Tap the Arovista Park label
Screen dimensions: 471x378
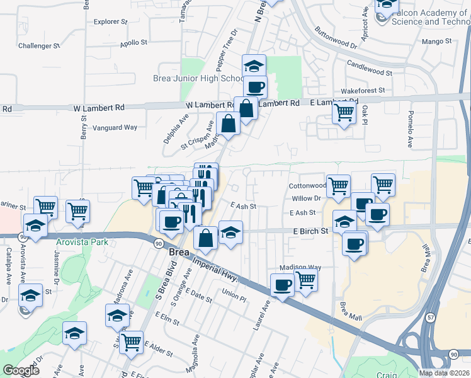click(x=82, y=242)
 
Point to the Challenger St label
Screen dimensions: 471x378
click(x=38, y=46)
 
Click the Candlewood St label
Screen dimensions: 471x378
click(x=370, y=69)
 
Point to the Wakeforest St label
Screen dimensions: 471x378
click(x=362, y=91)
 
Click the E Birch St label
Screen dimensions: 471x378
click(x=310, y=231)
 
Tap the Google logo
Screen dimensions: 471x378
click(x=21, y=370)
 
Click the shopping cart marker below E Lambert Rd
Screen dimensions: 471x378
click(x=344, y=113)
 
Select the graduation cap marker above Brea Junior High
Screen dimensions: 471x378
click(x=254, y=66)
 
